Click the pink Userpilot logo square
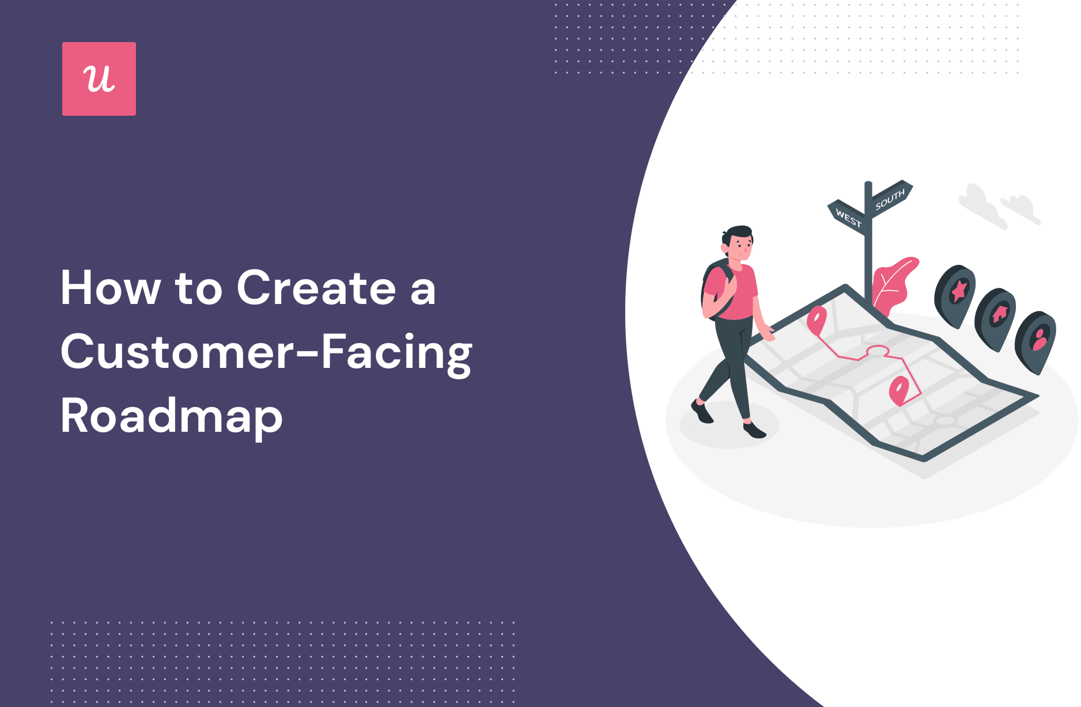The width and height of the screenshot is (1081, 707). (99, 79)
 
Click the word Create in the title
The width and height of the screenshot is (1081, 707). (316, 288)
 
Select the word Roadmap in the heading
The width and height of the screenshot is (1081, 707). (172, 416)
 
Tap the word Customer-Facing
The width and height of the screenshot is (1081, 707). (266, 352)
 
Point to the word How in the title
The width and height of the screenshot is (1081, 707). (110, 288)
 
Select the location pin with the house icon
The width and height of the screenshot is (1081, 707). (996, 318)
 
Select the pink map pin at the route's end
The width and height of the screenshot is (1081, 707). (899, 390)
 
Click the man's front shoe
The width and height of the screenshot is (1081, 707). (754, 430)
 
